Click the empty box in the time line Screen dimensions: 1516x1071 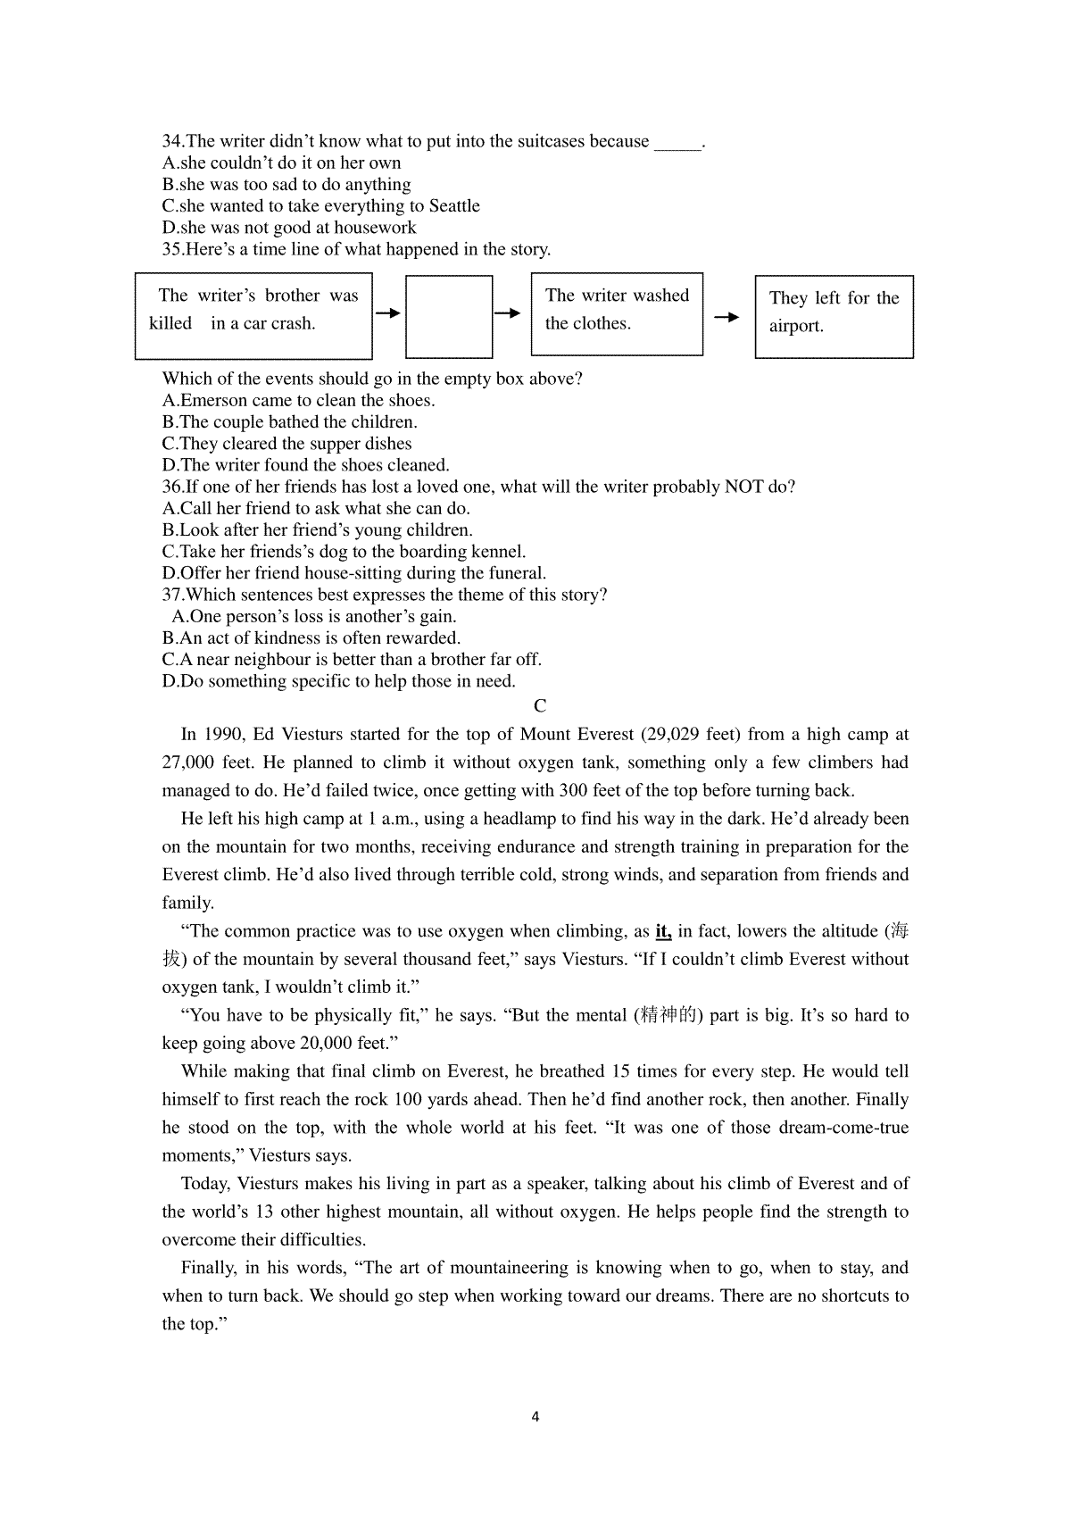pos(449,316)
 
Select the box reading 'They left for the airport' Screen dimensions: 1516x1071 pos(834,316)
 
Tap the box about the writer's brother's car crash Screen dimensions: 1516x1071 pos(253,315)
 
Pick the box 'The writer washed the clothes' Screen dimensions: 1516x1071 pos(617,314)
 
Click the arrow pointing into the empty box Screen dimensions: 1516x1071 pos(388,313)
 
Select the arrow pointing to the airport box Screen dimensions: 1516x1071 pos(727,317)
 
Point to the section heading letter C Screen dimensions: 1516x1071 pos(540,706)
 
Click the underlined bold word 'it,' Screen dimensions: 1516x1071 pos(663,931)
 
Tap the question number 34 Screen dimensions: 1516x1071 pos(172,141)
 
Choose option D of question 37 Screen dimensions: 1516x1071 pos(339,681)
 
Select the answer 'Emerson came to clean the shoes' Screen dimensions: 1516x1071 pos(299,400)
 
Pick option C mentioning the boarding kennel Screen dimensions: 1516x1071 pos(345,552)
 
